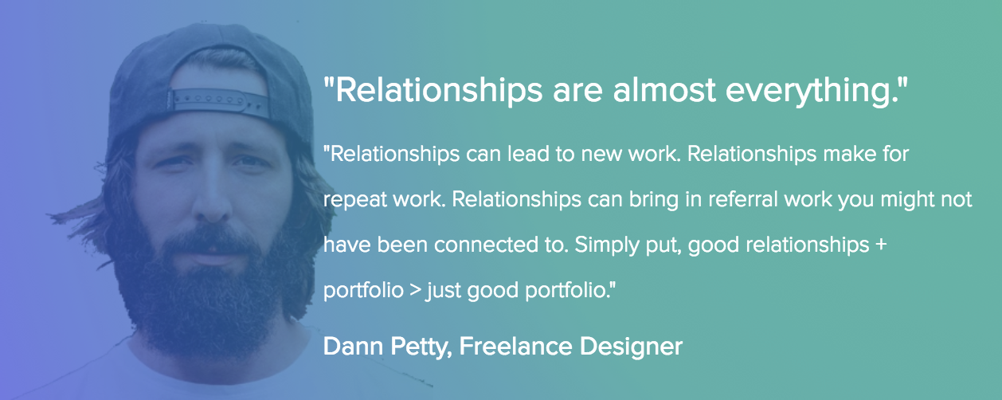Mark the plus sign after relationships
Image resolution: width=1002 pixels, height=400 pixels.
pos(881,245)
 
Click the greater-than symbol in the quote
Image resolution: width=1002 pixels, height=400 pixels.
pos(416,290)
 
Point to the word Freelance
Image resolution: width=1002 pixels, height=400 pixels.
pos(515,347)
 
